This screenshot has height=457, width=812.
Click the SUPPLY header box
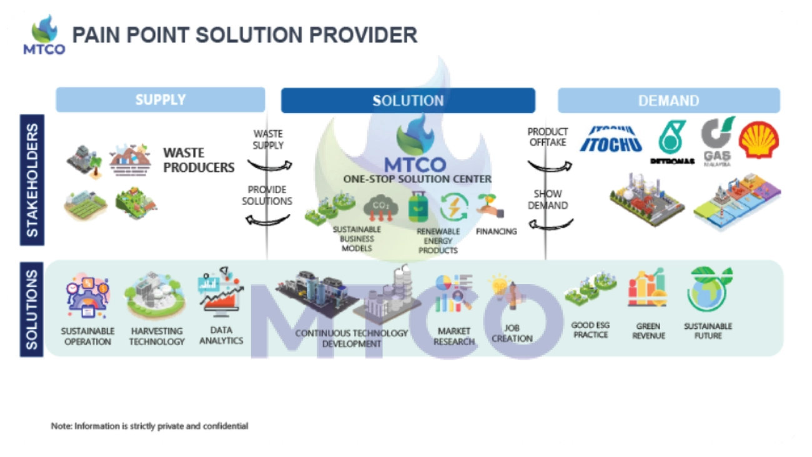click(x=161, y=100)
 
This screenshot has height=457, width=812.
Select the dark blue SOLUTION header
click(x=408, y=101)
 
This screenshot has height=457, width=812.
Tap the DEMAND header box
click(x=668, y=101)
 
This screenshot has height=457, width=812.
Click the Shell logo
click(x=758, y=139)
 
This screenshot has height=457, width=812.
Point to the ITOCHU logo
click(x=610, y=139)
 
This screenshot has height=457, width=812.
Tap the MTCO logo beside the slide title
click(x=44, y=35)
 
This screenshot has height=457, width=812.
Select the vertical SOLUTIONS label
click(x=32, y=310)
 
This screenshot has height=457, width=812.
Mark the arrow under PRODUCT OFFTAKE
click(x=549, y=166)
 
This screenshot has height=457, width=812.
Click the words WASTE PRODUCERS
click(x=199, y=160)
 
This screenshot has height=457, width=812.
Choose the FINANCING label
click(x=497, y=231)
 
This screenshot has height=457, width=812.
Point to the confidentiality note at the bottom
click(x=150, y=426)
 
